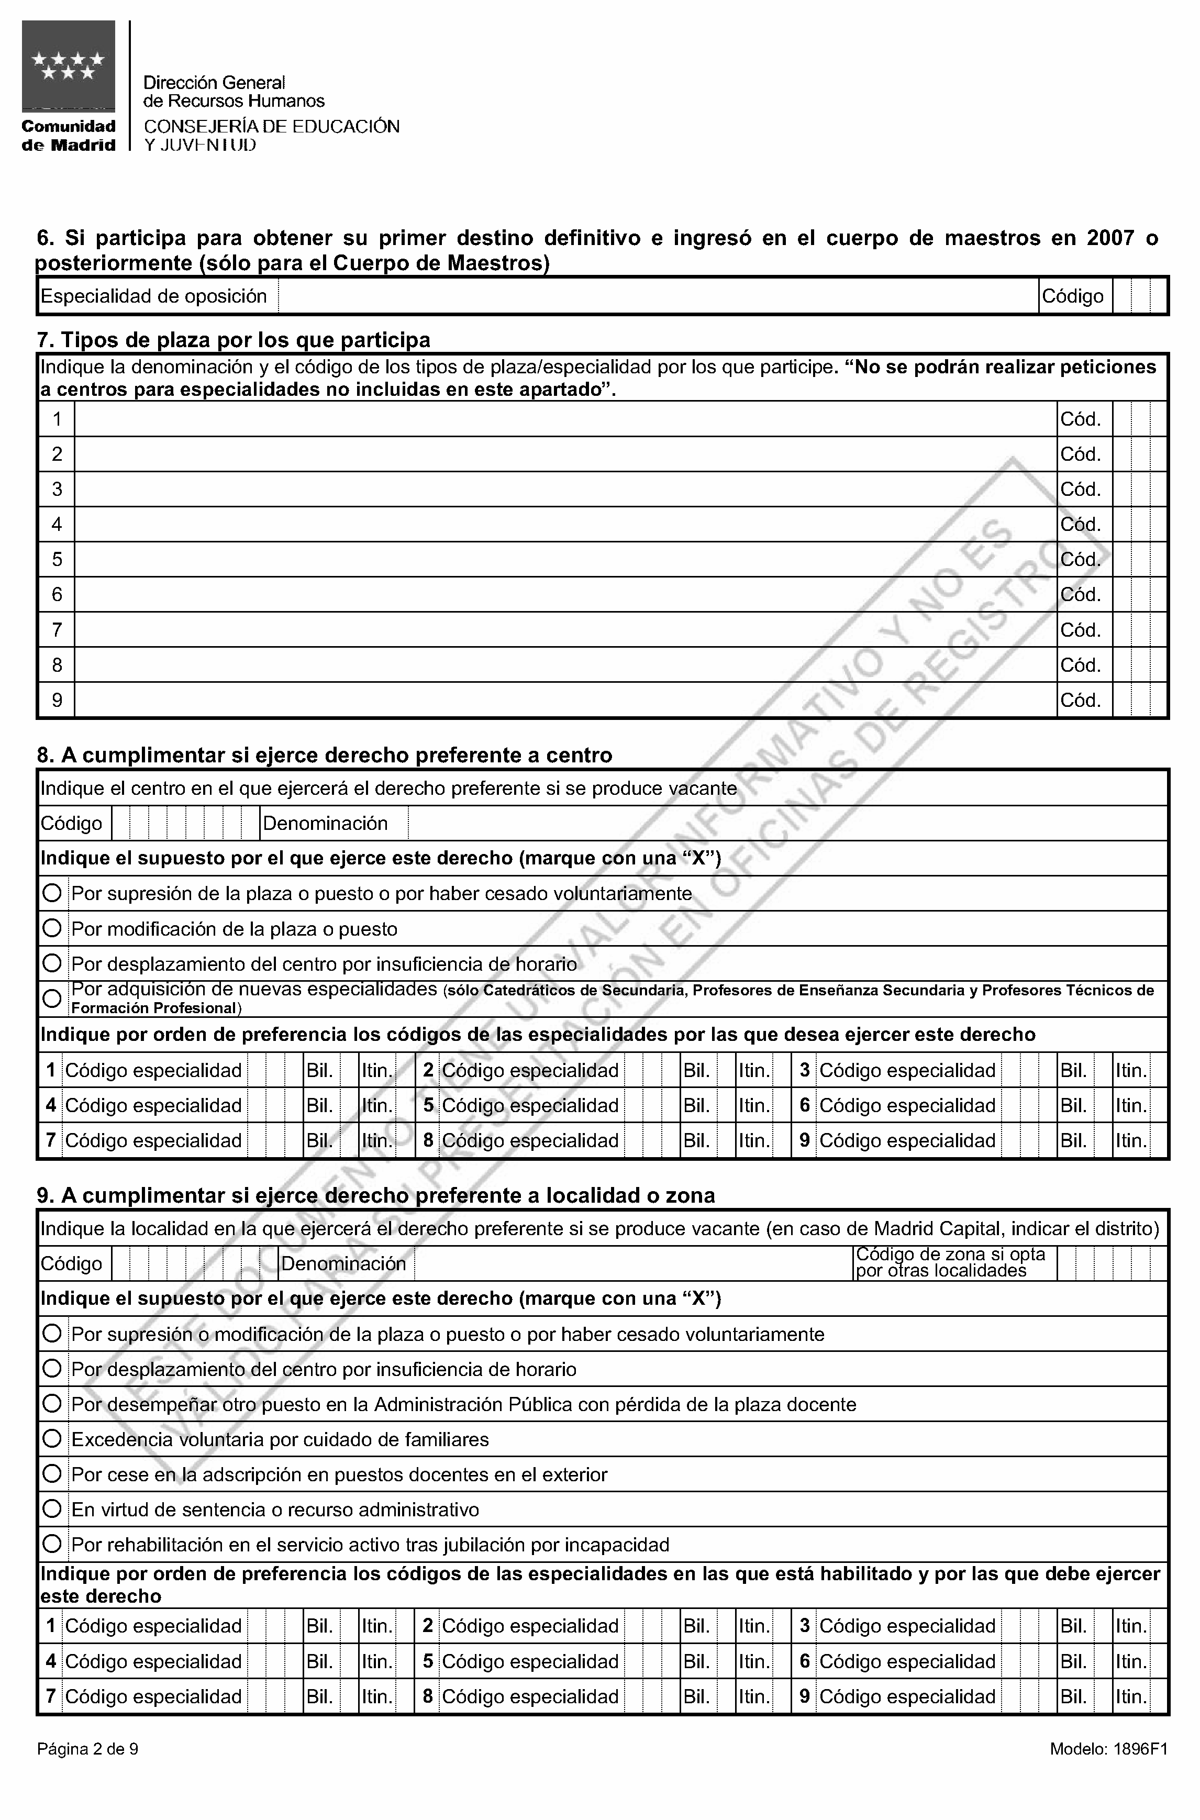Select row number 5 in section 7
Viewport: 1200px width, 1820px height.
pos(57,560)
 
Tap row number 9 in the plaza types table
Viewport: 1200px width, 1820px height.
pos(57,700)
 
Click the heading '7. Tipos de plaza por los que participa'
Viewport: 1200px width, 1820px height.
pos(234,339)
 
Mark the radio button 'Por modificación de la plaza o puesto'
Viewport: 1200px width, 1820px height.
pos(52,928)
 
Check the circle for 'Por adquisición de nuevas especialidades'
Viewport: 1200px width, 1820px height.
pos(52,998)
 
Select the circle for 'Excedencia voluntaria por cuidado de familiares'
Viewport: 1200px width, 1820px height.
pos(52,1439)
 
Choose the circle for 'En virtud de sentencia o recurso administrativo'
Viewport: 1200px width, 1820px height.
pos(52,1510)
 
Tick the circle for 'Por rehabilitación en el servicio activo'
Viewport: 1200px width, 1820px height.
pos(52,1545)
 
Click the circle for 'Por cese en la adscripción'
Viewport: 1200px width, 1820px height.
pos(52,1474)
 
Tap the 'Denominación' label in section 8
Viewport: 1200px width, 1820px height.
pos(325,824)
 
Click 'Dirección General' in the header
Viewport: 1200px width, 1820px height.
pos(214,82)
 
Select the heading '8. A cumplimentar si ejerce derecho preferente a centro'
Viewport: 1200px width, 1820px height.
pos(325,756)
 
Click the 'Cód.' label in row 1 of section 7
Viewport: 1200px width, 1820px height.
pos(1080,419)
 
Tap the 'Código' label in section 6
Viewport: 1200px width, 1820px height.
pos(1072,296)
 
